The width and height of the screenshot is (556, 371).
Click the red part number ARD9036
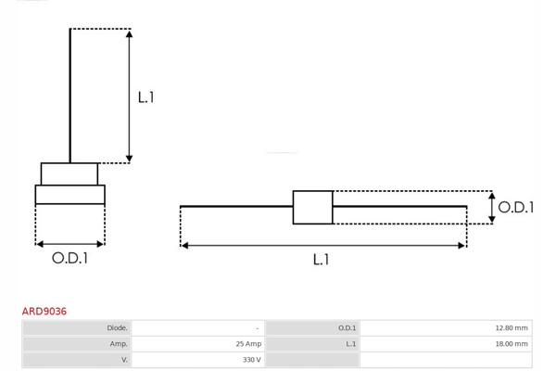pos(44,312)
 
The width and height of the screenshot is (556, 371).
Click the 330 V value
pos(252,360)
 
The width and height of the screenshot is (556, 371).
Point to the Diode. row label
pos(117,328)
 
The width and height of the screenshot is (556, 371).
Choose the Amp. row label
pos(119,344)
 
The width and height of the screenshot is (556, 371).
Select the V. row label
pos(124,360)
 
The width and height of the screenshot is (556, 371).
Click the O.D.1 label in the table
pos(347,328)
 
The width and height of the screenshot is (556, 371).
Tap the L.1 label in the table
pos(350,344)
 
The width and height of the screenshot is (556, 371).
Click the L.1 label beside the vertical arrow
pos(145,97)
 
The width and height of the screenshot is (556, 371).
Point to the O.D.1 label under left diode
pos(69,258)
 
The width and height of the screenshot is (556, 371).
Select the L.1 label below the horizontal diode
pos(321,260)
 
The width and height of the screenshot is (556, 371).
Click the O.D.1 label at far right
pos(516,208)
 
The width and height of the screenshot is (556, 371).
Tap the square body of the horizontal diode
pos(313,208)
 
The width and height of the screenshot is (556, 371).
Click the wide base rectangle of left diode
pos(70,195)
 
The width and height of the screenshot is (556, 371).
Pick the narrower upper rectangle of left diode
pos(69,174)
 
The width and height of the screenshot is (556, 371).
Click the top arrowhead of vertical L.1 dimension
pos(129,34)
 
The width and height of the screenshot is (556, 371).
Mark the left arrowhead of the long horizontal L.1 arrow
pos(184,245)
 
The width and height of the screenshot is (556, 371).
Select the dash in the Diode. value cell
pos(258,328)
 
